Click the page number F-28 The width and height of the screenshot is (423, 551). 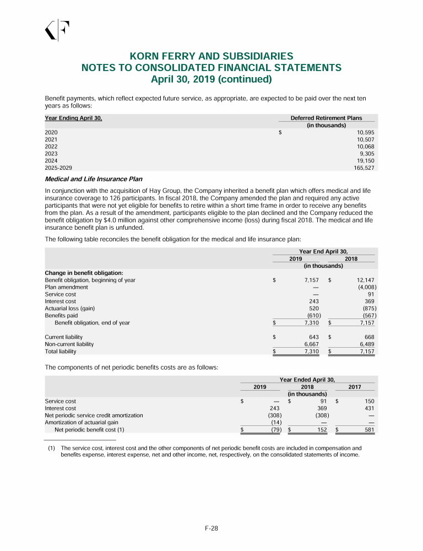211,528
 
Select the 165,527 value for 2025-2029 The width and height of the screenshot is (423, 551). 364,167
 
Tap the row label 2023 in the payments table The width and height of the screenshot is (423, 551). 51,153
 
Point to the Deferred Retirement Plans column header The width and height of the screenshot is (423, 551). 326,118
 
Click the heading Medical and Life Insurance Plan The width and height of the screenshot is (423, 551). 93,179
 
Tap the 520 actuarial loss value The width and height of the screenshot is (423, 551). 314,309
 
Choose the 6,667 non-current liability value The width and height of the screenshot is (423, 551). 311,344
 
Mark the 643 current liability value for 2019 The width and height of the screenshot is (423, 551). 314,337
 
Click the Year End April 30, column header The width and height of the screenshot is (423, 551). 323,251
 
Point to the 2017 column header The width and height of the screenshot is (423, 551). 355,387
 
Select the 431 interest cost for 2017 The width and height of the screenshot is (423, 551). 370,408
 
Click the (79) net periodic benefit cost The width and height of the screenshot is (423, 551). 276,430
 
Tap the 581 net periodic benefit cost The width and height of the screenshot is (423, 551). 370,430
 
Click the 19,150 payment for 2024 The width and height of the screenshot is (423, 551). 365,160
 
